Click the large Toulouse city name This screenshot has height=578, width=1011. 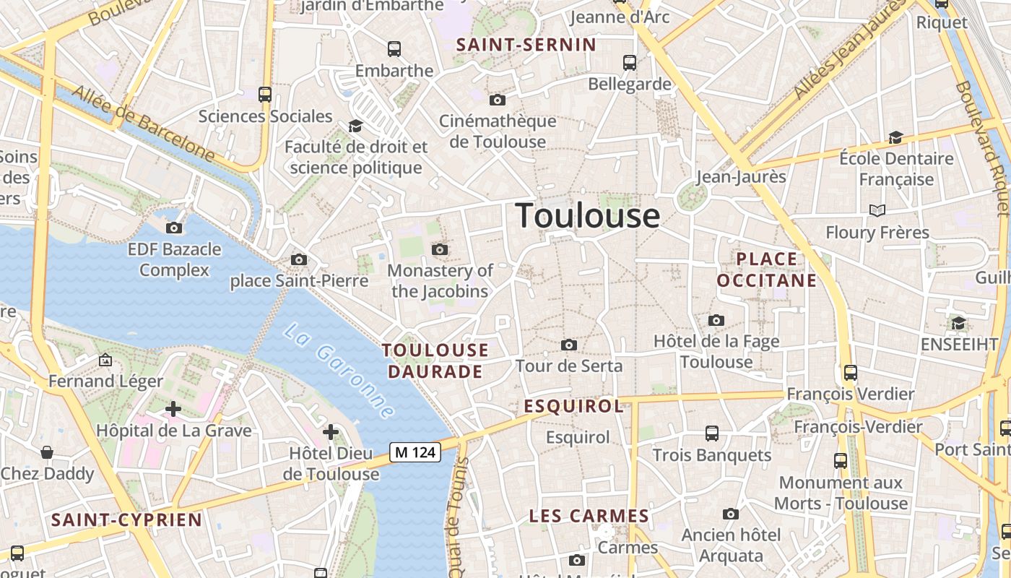588,215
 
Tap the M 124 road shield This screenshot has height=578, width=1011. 415,452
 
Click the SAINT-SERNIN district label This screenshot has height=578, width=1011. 526,45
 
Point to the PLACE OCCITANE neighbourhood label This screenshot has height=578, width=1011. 767,269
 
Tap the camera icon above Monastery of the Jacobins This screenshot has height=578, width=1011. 439,250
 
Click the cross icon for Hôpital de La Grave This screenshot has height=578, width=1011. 173,409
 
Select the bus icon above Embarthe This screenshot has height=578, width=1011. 394,49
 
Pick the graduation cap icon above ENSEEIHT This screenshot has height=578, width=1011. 958,323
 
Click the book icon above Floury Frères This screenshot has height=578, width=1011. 877,210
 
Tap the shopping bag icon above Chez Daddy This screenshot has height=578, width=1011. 47,452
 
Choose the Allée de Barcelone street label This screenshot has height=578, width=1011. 144,124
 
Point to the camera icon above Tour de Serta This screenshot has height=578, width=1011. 569,345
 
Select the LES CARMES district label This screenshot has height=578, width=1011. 589,516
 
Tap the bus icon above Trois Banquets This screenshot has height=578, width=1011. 712,433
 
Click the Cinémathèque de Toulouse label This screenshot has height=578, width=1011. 498,131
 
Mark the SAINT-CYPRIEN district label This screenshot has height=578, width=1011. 126,519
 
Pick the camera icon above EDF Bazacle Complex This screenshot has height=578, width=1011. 174,228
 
